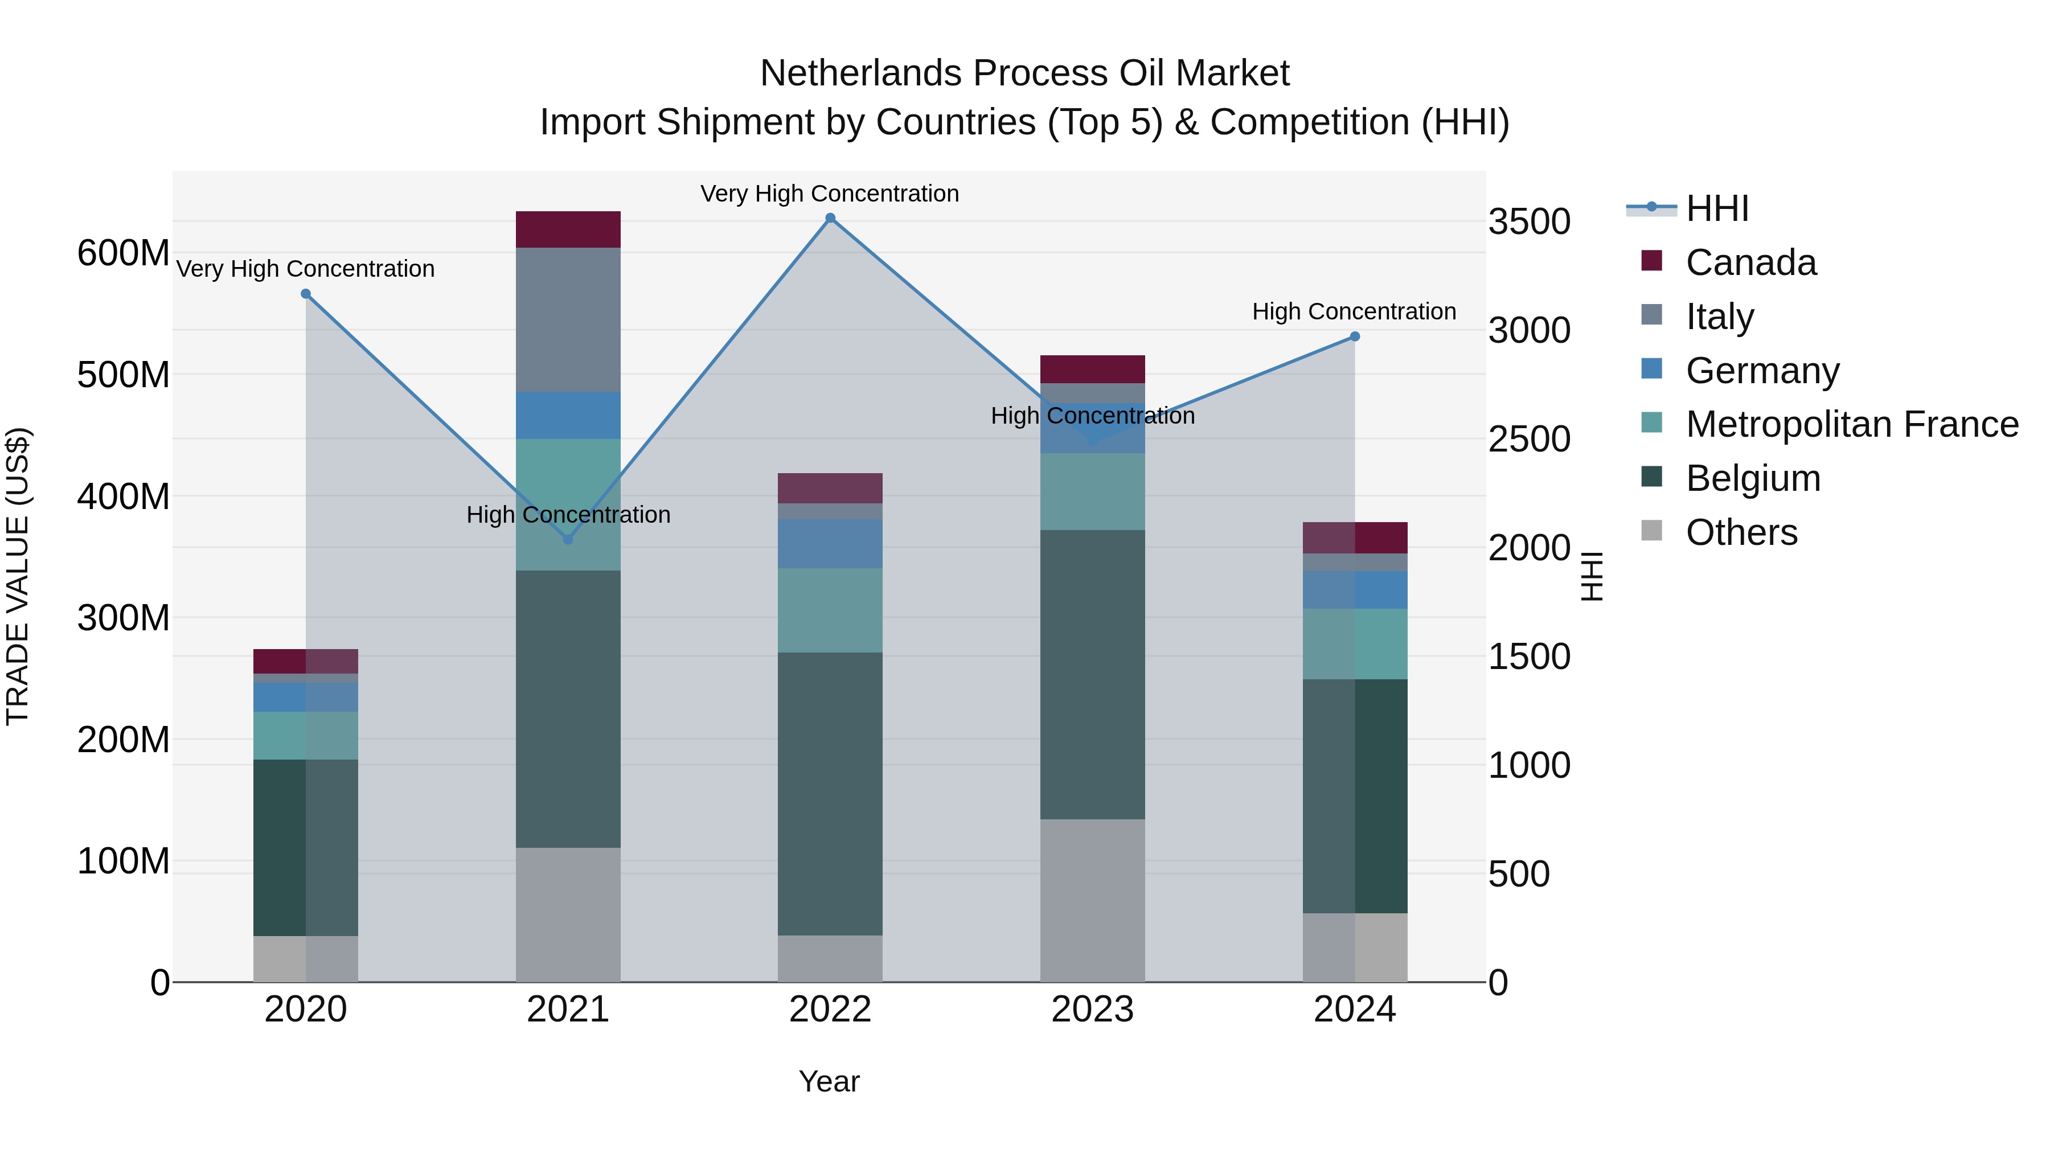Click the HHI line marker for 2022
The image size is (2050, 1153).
[830, 218]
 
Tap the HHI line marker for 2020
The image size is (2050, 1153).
[306, 294]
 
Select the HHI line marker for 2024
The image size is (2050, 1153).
[1355, 337]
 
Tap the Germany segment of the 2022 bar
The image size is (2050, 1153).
[830, 544]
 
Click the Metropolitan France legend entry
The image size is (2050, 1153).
[1851, 424]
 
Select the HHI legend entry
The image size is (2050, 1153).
[1716, 208]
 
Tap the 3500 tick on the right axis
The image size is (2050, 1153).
[1529, 222]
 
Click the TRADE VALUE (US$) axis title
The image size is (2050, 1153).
[18, 576]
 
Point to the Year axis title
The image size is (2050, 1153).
[829, 1081]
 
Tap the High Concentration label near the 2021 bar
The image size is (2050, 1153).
[568, 515]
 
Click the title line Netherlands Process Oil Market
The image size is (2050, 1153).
[1024, 73]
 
